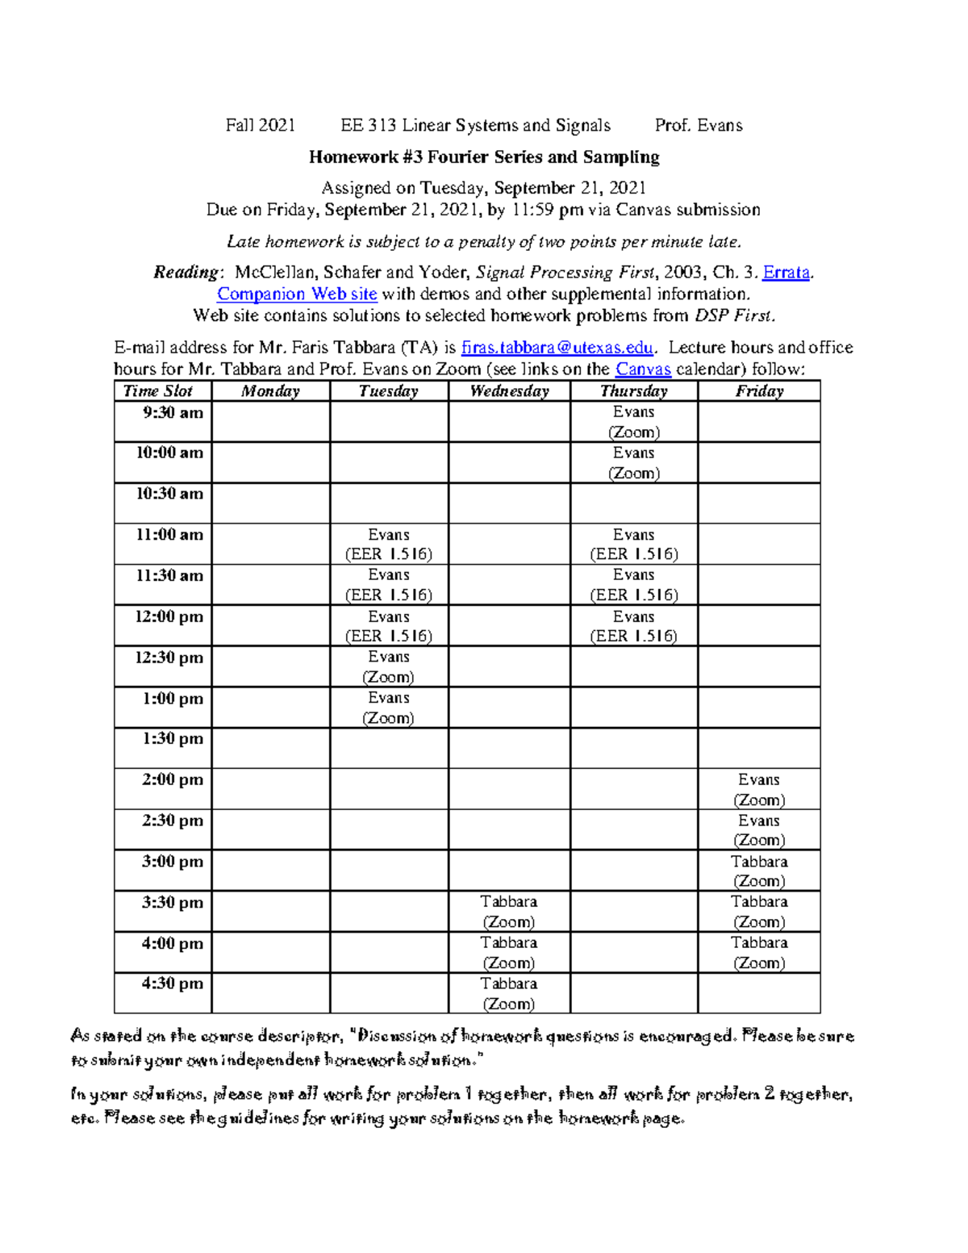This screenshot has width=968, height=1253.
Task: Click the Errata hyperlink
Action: [786, 273]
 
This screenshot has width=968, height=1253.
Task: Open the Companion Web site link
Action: [297, 294]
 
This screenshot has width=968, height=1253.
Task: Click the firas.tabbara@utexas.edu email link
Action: [557, 348]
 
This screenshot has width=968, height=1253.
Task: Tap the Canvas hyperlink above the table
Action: [643, 370]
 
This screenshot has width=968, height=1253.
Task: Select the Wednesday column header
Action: [509, 391]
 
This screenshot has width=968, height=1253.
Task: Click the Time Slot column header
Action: [158, 391]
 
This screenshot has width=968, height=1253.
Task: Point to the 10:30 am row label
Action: [169, 494]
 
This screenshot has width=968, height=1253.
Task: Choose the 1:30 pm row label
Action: [172, 739]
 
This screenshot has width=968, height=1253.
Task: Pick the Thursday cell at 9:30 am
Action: [633, 422]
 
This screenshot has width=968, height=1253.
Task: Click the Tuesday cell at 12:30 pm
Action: [388, 667]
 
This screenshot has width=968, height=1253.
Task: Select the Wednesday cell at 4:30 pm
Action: [508, 993]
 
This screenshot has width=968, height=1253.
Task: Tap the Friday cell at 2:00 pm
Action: [758, 790]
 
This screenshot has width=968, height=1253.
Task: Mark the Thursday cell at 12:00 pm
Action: [633, 626]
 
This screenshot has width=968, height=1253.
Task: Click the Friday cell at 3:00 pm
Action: [758, 871]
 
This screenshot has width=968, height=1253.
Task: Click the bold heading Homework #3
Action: [483, 157]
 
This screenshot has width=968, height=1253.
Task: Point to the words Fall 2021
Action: [260, 125]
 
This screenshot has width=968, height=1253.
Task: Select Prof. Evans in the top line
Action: [698, 125]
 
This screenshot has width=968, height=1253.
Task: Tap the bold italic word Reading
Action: [186, 273]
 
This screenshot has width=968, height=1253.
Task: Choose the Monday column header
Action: [270, 391]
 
